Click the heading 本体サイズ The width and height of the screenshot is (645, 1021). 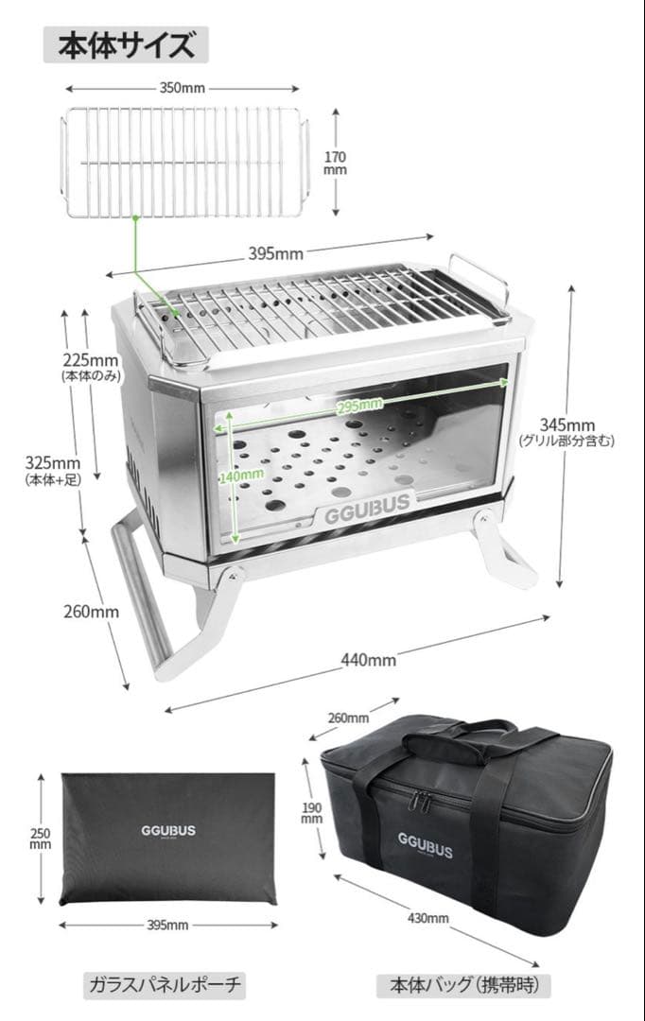[127, 45]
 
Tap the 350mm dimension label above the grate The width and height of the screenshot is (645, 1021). [183, 88]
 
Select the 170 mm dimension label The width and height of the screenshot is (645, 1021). [336, 164]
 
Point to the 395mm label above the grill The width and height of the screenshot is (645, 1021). [275, 253]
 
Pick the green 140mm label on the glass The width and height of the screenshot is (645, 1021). [242, 475]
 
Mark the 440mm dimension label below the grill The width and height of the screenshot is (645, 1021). [369, 660]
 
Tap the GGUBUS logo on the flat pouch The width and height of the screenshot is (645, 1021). [168, 831]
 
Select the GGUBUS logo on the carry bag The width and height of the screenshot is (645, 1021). [426, 844]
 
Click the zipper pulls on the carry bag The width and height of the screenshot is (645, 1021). [420, 802]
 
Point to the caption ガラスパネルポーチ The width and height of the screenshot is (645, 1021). [165, 984]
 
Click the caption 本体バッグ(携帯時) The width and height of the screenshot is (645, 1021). [463, 984]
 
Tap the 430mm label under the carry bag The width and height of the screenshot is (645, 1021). [428, 918]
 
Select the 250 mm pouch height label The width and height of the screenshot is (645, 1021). [41, 839]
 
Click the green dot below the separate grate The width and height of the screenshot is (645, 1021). [135, 219]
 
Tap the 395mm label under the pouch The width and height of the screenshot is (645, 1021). [167, 925]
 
